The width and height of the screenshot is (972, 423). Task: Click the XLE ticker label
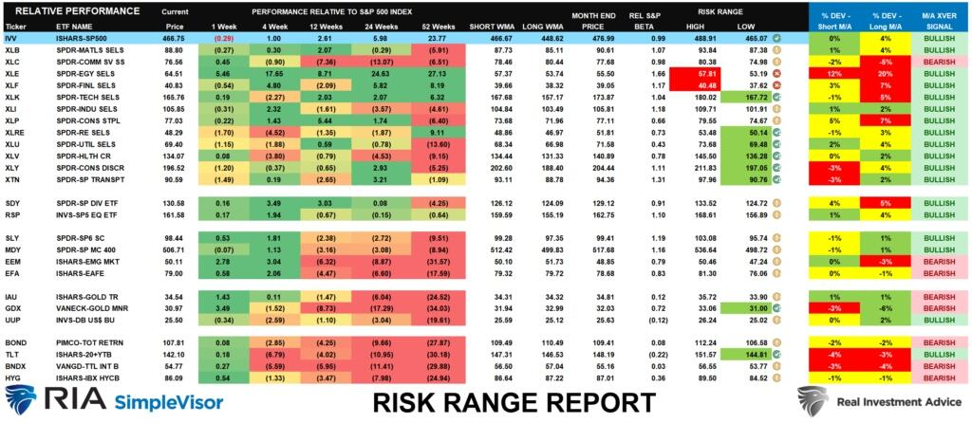12,72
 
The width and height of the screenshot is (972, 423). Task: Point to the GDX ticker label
13,309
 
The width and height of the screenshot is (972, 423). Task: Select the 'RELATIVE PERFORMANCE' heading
53,9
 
